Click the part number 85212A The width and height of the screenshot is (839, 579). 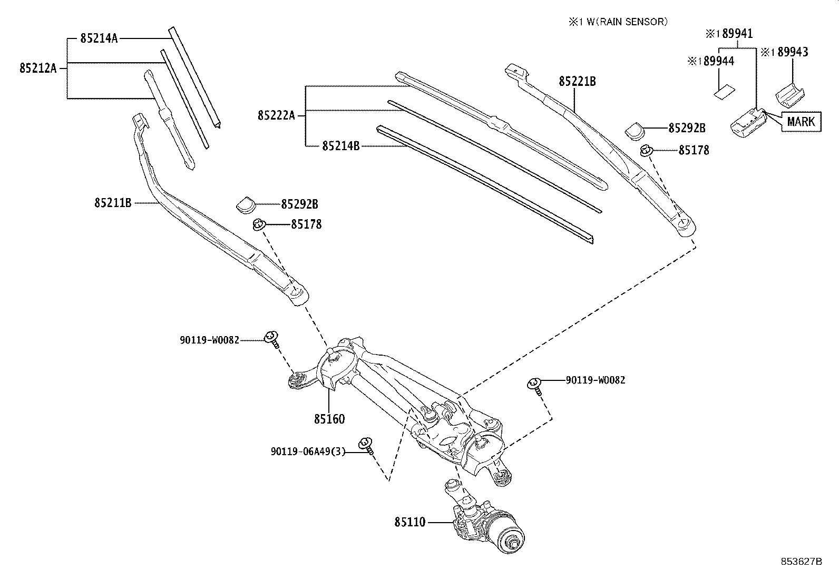(x=37, y=68)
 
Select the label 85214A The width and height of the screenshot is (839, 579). (x=99, y=38)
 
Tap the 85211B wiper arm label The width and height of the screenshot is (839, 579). (x=113, y=202)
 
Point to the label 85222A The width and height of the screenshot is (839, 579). (x=276, y=115)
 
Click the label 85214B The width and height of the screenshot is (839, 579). (x=340, y=145)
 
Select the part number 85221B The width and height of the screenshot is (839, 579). (x=577, y=81)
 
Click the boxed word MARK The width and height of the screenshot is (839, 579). (x=801, y=122)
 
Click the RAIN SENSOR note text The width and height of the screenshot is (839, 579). (x=617, y=22)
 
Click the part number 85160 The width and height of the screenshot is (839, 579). (x=329, y=419)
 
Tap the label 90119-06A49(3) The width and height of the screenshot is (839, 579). (x=308, y=452)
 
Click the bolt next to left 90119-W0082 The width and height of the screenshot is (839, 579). (x=272, y=337)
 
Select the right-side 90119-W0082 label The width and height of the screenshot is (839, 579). (x=596, y=379)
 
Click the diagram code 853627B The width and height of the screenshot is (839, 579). (x=801, y=561)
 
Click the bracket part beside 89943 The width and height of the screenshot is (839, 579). (x=789, y=93)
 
